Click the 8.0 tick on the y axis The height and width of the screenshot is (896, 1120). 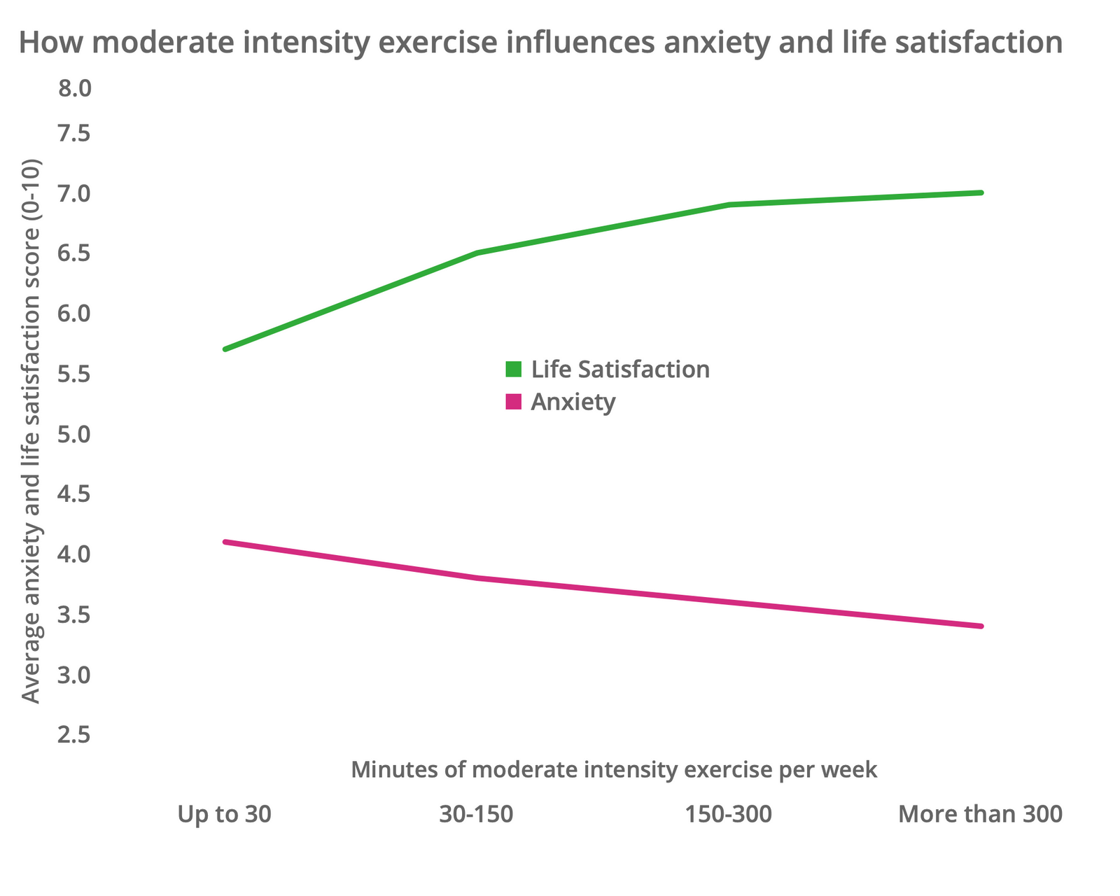point(73,89)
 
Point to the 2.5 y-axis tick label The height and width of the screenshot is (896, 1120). point(73,736)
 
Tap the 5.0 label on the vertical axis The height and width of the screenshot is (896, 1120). point(73,435)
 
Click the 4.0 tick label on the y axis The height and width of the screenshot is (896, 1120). point(73,555)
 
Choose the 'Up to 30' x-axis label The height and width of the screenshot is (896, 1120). point(224,815)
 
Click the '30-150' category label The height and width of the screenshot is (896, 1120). point(476,815)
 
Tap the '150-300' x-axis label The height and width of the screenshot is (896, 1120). point(728,815)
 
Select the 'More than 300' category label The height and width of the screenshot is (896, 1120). point(980,815)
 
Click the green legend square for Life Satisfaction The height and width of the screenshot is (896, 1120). point(514,369)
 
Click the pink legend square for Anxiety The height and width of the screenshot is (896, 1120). point(514,402)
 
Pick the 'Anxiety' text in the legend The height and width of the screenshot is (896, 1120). point(573,402)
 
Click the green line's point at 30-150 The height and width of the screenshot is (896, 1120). point(477,253)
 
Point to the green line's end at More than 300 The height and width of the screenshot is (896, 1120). point(981,192)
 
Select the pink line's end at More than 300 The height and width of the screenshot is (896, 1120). point(981,626)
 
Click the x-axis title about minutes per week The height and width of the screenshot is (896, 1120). point(614,770)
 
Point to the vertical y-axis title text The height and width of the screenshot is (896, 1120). point(31,430)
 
